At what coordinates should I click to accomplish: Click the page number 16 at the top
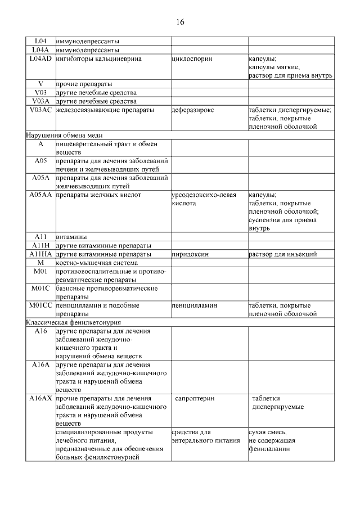click(179, 22)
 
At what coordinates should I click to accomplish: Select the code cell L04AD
click(40, 58)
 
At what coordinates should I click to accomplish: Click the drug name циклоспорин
click(192, 58)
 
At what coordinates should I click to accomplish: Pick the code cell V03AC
click(40, 110)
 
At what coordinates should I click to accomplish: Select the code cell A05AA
click(40, 195)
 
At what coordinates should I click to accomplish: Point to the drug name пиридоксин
click(190, 254)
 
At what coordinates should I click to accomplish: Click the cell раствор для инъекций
click(282, 254)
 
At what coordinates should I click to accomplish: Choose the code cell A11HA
click(40, 254)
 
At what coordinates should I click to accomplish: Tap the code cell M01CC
click(40, 305)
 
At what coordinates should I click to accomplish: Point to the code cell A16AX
click(40, 398)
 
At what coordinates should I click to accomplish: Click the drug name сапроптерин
click(195, 398)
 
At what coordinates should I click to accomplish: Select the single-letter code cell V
click(40, 84)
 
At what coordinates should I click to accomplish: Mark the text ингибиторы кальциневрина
click(98, 58)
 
